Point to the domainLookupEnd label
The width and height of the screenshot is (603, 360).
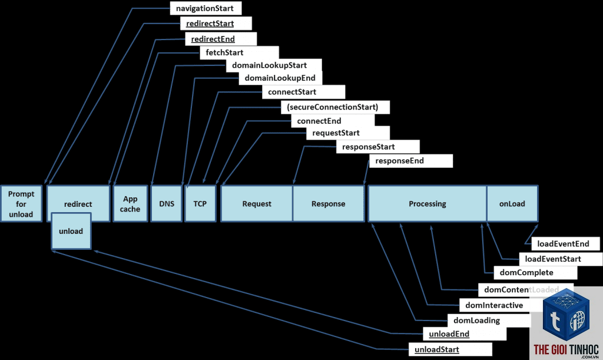pyautogui.click(x=280, y=78)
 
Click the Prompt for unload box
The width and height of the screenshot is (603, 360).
pyautogui.click(x=21, y=204)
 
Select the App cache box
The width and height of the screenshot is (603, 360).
pyautogui.click(x=130, y=204)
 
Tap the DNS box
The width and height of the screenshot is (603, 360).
pyautogui.click(x=167, y=204)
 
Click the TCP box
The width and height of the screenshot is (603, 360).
pyautogui.click(x=200, y=204)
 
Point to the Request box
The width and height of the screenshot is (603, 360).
pyautogui.click(x=257, y=204)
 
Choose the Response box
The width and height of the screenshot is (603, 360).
pyautogui.click(x=329, y=204)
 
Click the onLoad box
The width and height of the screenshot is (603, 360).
pyautogui.click(x=512, y=204)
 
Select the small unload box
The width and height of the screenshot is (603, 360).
pyautogui.click(x=71, y=231)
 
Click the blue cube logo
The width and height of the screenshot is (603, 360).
pyautogui.click(x=566, y=315)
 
